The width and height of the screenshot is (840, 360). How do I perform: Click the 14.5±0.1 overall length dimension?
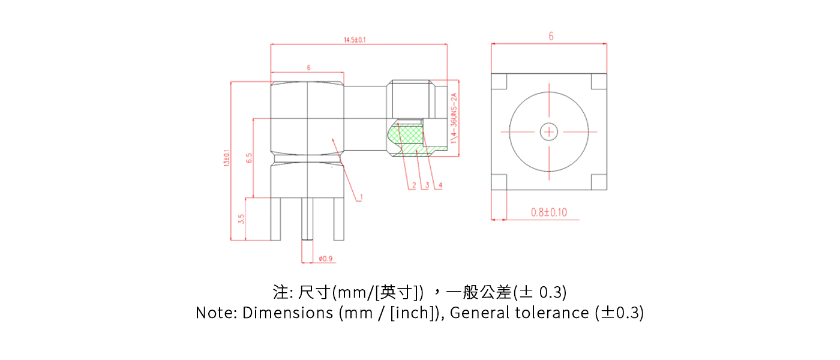[355, 40]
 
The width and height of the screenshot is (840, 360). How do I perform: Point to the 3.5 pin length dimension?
[241, 219]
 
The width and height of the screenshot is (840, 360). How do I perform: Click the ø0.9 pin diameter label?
[326, 259]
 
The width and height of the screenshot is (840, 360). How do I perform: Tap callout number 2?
[413, 185]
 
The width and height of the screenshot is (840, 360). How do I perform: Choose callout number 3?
[427, 185]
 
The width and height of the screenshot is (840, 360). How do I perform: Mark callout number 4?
[440, 185]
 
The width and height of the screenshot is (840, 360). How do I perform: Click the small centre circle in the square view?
[548, 131]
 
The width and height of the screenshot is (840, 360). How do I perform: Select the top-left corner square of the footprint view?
[499, 81]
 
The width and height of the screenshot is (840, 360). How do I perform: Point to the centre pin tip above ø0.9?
[307, 239]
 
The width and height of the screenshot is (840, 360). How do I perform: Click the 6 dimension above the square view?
[551, 37]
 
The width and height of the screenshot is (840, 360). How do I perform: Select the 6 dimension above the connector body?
[308, 68]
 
